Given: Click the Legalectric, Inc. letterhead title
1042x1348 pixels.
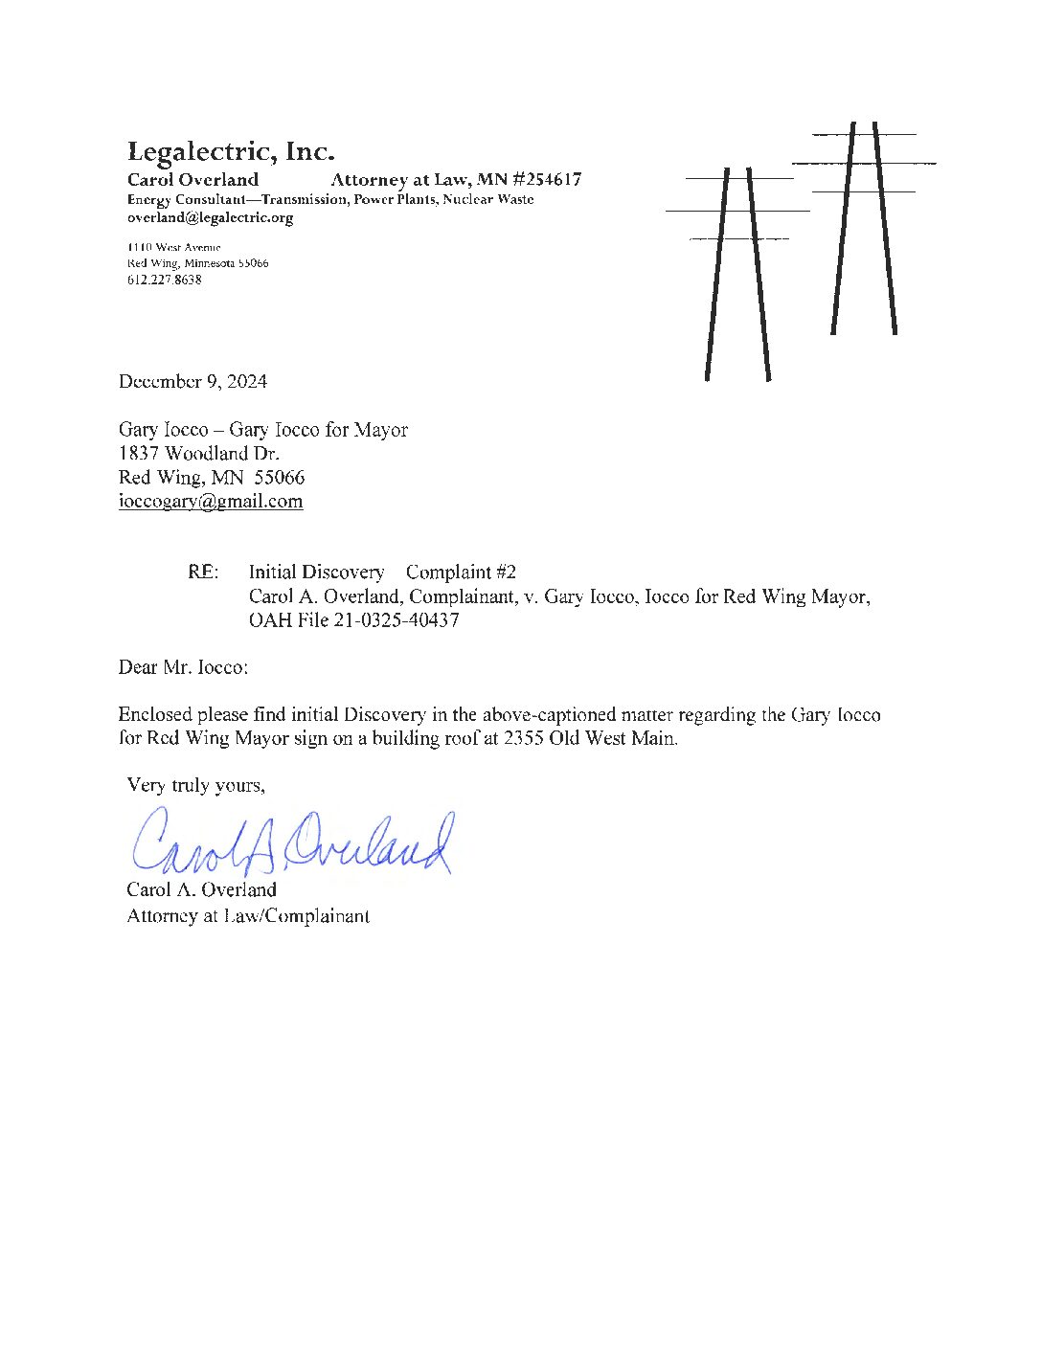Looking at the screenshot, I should point(231,151).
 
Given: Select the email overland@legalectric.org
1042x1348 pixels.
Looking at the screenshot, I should point(210,217).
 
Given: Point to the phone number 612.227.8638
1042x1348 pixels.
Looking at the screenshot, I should point(164,280).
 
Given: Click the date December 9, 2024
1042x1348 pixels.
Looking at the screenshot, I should point(193,381).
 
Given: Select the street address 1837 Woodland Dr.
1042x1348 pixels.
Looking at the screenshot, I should point(198,453).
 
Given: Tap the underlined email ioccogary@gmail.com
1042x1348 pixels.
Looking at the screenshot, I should point(211,501).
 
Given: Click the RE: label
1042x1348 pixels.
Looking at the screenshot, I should point(203,572).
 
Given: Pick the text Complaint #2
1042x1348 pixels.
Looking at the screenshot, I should point(461,572).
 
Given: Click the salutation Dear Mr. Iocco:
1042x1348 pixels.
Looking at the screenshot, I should point(183,666).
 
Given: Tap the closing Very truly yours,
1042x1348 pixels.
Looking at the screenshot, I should point(195,785).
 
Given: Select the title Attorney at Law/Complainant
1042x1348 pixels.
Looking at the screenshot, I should point(248,915).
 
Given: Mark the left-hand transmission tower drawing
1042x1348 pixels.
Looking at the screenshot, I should point(737,274).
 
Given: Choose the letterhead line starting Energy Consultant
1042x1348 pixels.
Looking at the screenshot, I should point(330,199).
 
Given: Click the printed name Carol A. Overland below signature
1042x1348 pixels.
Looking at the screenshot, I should point(201,889).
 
